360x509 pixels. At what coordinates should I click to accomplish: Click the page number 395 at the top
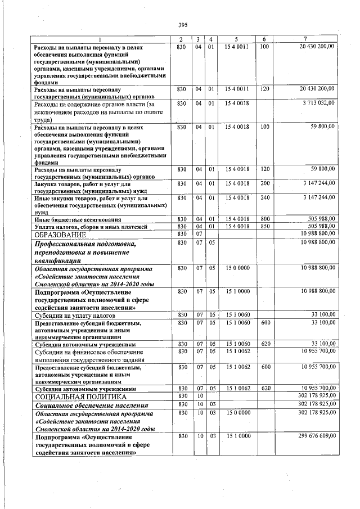point(182,25)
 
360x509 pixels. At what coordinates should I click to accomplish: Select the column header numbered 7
point(305,38)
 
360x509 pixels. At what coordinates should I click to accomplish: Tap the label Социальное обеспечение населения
point(91,405)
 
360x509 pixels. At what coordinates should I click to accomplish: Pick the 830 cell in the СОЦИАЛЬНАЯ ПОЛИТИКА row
point(181,397)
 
